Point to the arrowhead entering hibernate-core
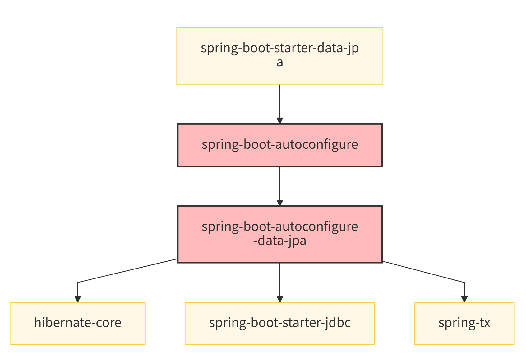(77, 299)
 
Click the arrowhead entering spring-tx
(464, 299)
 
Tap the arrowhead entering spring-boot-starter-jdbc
(280, 299)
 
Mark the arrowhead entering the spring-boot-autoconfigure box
(280, 121)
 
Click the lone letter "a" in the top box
(280, 63)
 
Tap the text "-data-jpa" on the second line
(279, 241)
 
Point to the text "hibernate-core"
(77, 323)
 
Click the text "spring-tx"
(464, 323)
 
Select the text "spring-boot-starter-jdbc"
(279, 323)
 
